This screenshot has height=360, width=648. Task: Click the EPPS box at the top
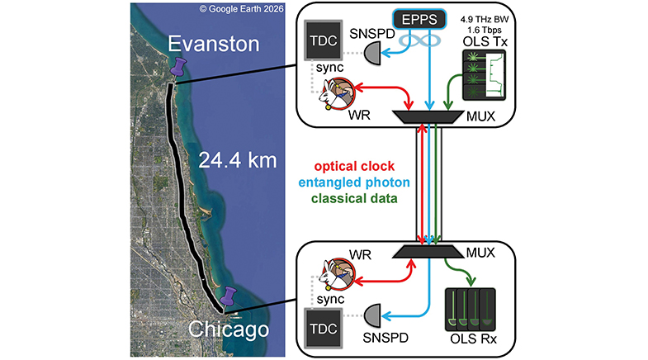coord(419,19)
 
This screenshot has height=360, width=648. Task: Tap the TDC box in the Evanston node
coord(323,40)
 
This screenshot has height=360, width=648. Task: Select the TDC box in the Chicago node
coord(323,328)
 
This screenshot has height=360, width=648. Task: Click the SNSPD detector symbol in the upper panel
coord(372,54)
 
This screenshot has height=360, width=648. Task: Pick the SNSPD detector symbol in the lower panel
coord(372,316)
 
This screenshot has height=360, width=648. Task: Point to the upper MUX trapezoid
coord(428,116)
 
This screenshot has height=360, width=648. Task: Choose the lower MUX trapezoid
coord(428,252)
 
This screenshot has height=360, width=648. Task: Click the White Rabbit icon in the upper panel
coord(337,93)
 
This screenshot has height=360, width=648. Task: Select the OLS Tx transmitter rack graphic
coord(485,75)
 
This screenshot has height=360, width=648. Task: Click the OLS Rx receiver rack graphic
coord(471,310)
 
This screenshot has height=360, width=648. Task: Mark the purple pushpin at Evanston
coord(178,67)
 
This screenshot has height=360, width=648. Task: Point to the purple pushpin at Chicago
coord(228,297)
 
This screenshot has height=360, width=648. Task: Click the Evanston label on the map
coord(214,44)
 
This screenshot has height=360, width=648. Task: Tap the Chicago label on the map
coord(229,329)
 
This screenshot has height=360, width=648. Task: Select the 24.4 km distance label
coord(237,160)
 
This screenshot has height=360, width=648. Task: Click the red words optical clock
coord(354,166)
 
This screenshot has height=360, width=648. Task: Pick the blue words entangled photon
coord(354,182)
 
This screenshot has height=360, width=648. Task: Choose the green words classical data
coord(354,198)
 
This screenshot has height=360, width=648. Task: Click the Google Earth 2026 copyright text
coord(241,9)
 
